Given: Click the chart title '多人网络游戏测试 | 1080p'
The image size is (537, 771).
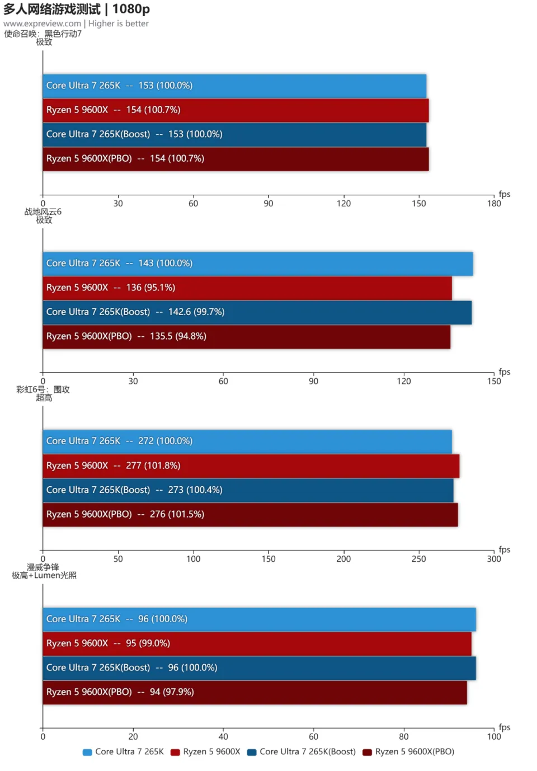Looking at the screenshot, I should [x=77, y=9].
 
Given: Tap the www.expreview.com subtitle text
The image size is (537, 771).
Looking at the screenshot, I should [x=42, y=23].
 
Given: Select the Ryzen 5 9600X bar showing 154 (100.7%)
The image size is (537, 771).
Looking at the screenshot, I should [x=235, y=110].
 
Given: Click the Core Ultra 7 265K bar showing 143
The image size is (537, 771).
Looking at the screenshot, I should [x=257, y=264].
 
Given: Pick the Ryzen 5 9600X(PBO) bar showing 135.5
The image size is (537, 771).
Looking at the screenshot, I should [x=246, y=337].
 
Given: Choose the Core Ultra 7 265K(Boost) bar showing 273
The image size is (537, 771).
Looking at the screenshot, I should [x=248, y=490].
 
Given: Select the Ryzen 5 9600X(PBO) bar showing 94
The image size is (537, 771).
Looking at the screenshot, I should [x=255, y=693].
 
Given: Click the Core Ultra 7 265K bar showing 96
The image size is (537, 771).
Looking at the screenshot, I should [x=259, y=619].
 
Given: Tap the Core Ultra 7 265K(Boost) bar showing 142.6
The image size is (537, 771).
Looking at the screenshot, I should [x=257, y=312].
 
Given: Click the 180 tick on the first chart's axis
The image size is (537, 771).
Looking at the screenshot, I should [x=494, y=204].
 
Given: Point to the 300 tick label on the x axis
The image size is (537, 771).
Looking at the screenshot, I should [x=494, y=559].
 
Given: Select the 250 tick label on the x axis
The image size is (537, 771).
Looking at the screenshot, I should [x=418, y=559].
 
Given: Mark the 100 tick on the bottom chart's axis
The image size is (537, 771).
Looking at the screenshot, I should [x=494, y=737].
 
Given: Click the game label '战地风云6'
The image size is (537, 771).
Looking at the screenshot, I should [x=43, y=212].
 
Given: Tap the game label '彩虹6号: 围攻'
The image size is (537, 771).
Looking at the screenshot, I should [x=43, y=389].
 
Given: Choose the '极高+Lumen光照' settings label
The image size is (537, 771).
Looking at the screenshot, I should [x=44, y=575].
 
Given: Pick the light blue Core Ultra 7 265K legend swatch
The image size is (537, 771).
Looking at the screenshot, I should [x=87, y=753].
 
